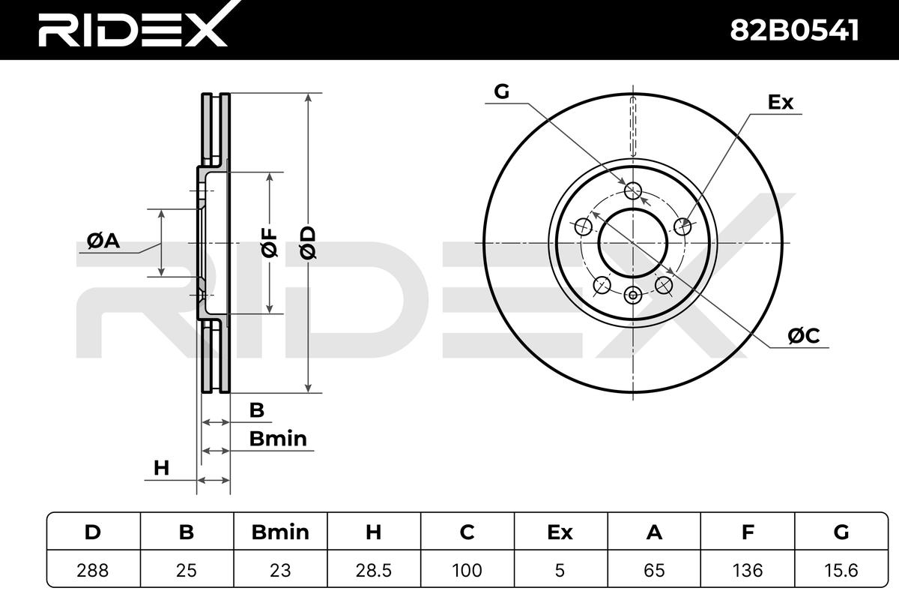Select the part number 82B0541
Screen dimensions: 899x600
pos(794,31)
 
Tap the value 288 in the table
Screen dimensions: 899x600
pos(93,570)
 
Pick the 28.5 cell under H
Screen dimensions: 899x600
pos(373,570)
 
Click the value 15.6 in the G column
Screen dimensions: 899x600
pos(841,570)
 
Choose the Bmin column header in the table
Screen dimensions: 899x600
pos(280,532)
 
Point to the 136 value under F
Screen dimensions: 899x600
pos(748,570)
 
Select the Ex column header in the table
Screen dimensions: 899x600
pos(560,532)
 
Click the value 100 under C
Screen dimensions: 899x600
pos(467,570)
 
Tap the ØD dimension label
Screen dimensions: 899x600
pos(308,243)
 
